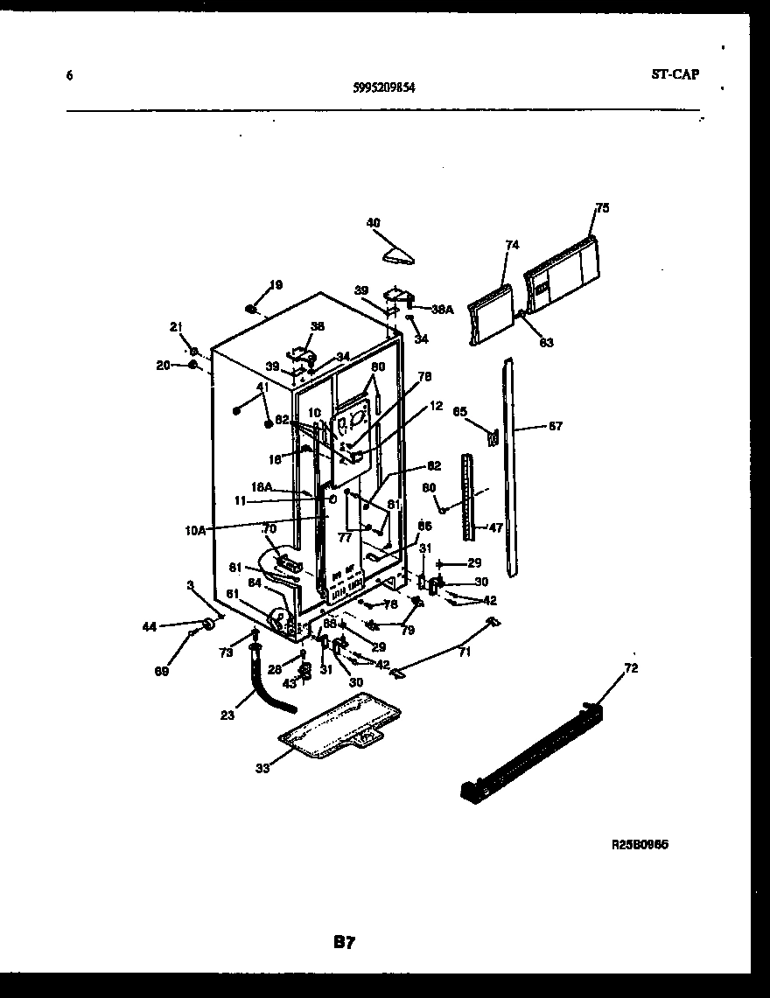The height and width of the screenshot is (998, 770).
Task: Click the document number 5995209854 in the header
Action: click(x=384, y=87)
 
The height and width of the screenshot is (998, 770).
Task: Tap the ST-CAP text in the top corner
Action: click(x=675, y=74)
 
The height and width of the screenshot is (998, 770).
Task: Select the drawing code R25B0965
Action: click(x=646, y=846)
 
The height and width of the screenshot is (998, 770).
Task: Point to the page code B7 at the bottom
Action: click(x=343, y=942)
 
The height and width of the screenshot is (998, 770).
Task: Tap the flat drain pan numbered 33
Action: click(x=341, y=726)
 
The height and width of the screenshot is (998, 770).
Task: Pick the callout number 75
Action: click(x=602, y=208)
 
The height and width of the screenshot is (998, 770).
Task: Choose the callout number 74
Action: click(x=512, y=245)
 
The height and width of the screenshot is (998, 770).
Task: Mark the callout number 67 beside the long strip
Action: click(x=555, y=427)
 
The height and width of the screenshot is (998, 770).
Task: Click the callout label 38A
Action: click(x=443, y=309)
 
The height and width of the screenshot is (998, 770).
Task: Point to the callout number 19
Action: click(x=276, y=284)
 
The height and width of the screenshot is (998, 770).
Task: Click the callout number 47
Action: click(x=495, y=528)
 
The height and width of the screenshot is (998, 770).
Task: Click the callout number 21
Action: click(x=175, y=326)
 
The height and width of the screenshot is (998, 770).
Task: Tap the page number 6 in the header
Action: click(x=69, y=75)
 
